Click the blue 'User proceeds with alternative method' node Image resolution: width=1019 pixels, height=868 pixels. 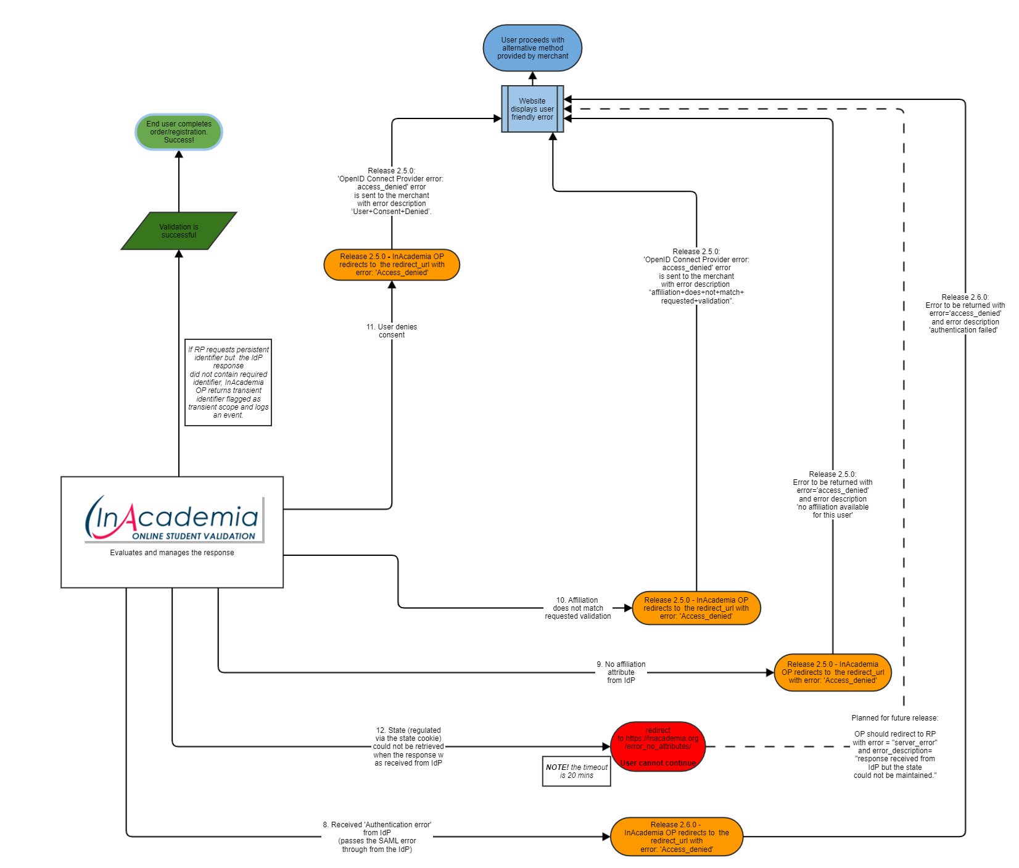[x=532, y=48]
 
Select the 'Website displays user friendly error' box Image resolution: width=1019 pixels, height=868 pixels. [x=532, y=109]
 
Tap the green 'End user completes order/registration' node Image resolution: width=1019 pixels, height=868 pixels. [x=179, y=132]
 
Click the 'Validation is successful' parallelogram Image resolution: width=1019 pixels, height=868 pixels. [x=179, y=231]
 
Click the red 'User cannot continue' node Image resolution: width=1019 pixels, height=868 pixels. [x=658, y=746]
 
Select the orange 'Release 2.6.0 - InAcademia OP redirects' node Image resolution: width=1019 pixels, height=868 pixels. [x=677, y=837]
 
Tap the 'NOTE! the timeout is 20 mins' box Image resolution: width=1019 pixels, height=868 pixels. [x=576, y=771]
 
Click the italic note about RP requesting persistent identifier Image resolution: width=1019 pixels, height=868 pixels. [x=228, y=382]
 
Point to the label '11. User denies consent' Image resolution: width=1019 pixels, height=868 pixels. [x=392, y=331]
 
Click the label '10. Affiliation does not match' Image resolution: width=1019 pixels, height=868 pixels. [x=578, y=608]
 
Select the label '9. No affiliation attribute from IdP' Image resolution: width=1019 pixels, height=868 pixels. [x=621, y=672]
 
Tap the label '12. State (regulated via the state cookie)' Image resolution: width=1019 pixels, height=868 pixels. [x=408, y=746]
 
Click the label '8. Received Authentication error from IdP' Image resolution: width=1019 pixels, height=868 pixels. [x=377, y=837]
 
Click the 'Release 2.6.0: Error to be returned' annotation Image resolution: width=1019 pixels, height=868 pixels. [x=965, y=313]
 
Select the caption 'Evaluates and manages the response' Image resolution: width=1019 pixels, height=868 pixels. [x=172, y=553]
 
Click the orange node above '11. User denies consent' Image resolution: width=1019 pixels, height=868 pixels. [x=392, y=265]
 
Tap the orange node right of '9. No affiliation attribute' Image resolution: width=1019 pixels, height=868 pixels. [x=833, y=672]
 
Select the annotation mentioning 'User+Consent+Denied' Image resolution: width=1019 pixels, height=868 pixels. [x=392, y=191]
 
